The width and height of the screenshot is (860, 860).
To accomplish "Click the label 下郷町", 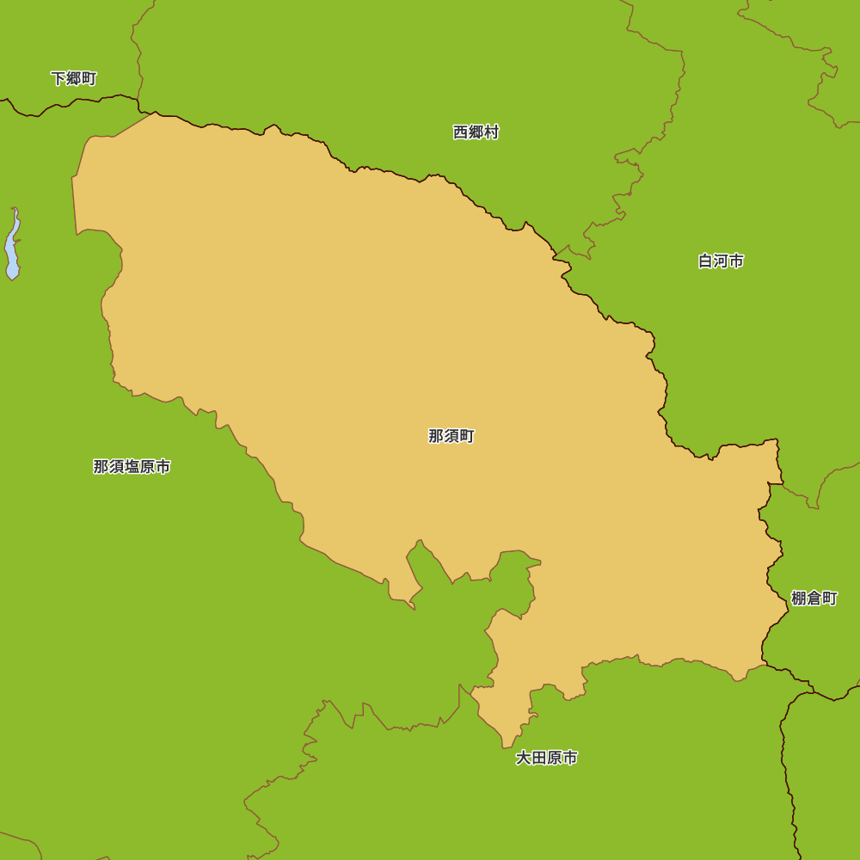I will pos(74,79).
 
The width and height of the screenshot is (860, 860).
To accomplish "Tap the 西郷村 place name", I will pos(476,132).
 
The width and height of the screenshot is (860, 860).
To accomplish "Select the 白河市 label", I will pos(721,261).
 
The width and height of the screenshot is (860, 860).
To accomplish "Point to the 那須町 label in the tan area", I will pos(451,436).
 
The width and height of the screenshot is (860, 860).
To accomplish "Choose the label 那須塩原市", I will pos(132,467).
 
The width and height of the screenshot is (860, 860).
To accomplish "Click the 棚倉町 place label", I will pos(814,599).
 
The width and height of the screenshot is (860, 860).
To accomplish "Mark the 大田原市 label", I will pos(547,759).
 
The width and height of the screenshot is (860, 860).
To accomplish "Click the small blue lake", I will pos(12,248).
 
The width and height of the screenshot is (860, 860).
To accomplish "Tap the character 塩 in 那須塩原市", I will pos(132,467).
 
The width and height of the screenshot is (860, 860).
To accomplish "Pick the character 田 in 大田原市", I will pos(539,759).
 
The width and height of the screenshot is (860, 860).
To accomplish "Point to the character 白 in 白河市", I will pos(706,261).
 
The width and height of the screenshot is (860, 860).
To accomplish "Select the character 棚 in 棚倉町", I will pos(799,599).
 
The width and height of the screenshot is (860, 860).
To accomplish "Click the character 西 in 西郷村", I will pos(461,132).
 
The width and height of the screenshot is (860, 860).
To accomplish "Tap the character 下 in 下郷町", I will pos(58,79).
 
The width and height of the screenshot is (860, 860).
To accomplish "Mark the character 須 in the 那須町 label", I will pos(451,436).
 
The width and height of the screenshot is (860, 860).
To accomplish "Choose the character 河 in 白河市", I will pos(721,261).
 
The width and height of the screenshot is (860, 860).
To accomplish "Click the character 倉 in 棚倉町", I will pos(814,599).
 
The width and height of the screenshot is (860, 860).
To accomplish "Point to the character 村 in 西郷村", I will pos(491,132).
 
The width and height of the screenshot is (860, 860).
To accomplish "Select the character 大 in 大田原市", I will pos(524,759).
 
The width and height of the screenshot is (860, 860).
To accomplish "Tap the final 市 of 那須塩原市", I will pos(163,467).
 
